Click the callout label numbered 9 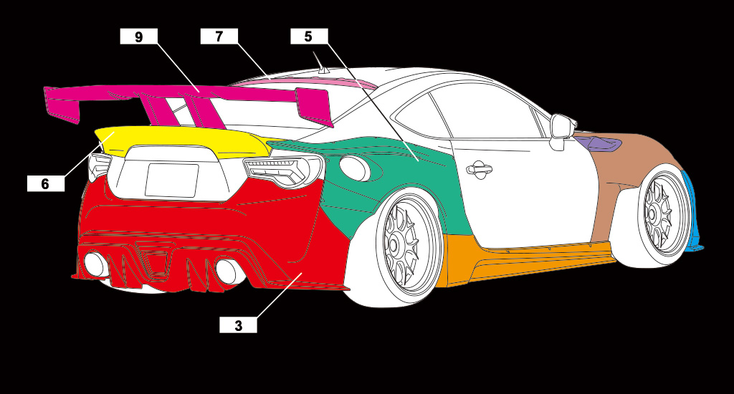[138, 37]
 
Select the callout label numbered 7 [219, 37]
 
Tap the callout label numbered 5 [309, 37]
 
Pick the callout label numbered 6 [45, 183]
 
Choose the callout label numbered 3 [238, 325]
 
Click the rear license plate [171, 180]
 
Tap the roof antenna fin [323, 69]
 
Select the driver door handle [478, 170]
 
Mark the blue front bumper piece [693, 215]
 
